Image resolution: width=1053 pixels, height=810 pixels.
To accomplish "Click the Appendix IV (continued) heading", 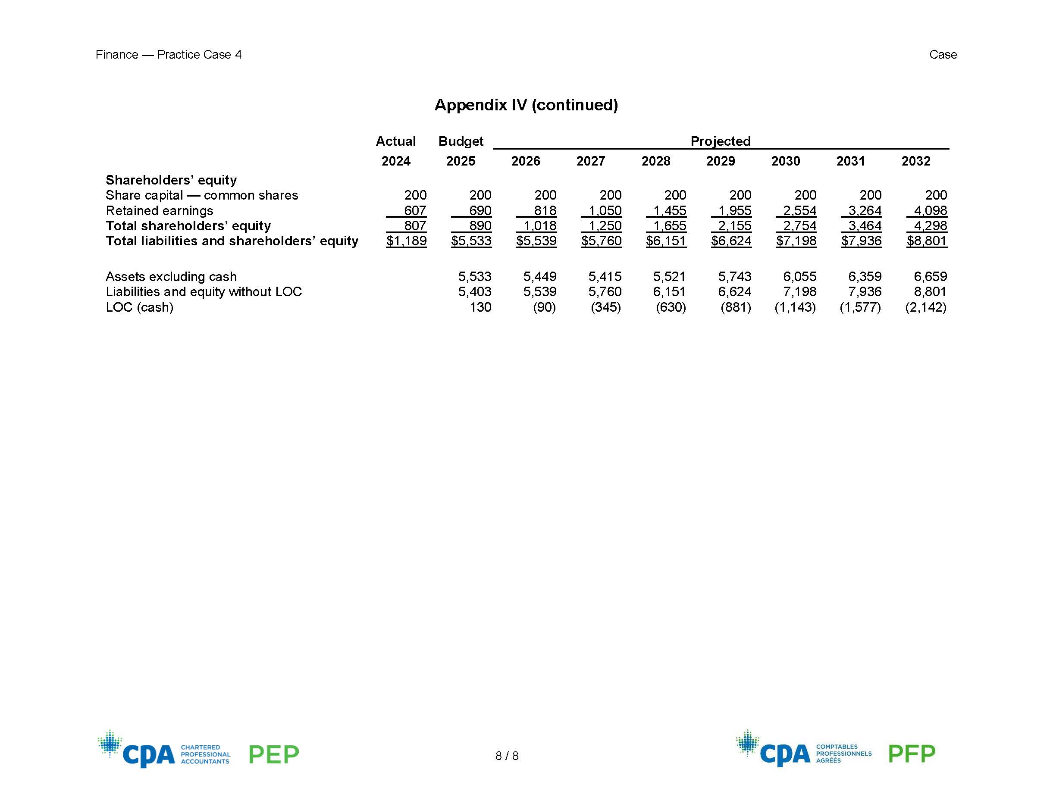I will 526,105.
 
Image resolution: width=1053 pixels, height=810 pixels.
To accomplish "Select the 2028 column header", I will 655,161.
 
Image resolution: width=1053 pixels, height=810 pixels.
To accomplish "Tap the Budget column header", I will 461,141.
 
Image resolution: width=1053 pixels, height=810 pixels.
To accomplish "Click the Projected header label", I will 720,141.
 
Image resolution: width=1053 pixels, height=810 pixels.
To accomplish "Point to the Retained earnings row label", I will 159,211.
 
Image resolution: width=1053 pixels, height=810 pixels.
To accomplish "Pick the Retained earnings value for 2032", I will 930,211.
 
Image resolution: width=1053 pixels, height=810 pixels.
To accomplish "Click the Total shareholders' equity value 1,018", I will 539,225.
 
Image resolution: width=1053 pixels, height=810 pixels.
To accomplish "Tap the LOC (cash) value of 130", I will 480,307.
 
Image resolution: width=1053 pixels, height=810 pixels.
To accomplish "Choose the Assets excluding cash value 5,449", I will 539,277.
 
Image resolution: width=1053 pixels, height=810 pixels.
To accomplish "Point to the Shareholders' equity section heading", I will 171,180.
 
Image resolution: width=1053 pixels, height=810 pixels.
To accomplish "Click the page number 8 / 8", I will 507,756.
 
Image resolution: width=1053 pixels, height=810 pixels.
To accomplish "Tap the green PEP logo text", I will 273,754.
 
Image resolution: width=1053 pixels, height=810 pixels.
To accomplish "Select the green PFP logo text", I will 911,754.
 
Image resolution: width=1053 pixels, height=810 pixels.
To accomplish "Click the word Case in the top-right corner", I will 943,54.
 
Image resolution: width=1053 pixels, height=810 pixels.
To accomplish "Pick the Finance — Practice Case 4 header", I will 168,54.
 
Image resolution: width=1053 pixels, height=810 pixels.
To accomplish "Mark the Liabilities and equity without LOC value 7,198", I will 799,292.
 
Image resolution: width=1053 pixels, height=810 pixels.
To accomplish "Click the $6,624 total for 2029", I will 731,241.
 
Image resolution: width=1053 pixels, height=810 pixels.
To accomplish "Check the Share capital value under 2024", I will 415,195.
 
